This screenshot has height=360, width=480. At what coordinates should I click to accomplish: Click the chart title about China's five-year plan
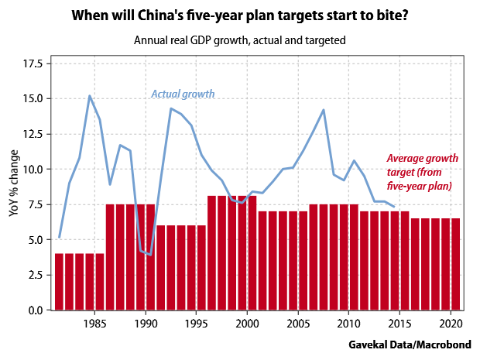(x=241, y=15)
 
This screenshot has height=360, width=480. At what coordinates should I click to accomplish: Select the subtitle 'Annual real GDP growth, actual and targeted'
(x=241, y=38)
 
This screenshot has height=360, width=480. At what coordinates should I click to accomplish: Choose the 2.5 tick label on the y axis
(x=35, y=275)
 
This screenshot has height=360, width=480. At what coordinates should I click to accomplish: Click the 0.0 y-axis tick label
(x=35, y=310)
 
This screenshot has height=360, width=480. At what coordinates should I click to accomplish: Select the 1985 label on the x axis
(x=95, y=322)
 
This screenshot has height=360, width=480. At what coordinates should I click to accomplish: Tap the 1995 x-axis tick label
(x=197, y=322)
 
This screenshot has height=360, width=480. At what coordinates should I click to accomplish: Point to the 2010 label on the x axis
(x=348, y=322)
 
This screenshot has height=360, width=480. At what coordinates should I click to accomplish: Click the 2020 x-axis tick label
(x=450, y=322)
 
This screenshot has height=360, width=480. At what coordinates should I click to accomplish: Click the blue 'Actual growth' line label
(x=182, y=94)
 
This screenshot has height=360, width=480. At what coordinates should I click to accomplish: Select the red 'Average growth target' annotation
(x=422, y=172)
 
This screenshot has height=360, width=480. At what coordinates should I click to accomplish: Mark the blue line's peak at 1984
(x=90, y=96)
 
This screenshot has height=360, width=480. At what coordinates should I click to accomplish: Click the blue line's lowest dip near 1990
(x=150, y=255)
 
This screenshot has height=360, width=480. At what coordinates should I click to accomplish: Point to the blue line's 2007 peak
(x=323, y=110)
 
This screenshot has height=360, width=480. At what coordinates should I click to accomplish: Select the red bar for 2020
(x=455, y=263)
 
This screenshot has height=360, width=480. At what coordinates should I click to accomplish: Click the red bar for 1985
(x=100, y=281)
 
